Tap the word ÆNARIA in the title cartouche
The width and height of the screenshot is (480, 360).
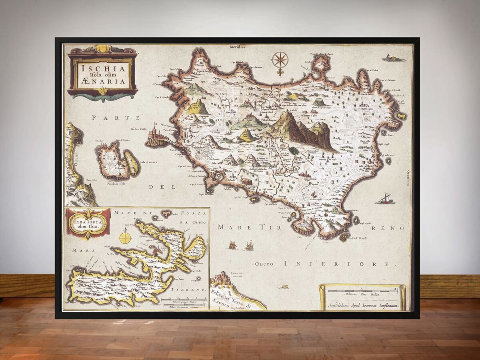click(x=103, y=82)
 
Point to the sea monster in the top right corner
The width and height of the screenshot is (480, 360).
click(x=394, y=59)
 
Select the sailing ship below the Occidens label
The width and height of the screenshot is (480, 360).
click(x=385, y=199)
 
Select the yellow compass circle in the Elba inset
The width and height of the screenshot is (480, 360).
click(x=126, y=238)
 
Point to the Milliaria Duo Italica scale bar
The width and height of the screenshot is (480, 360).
click(x=362, y=291)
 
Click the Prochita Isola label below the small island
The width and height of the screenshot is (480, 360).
click(x=116, y=184)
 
